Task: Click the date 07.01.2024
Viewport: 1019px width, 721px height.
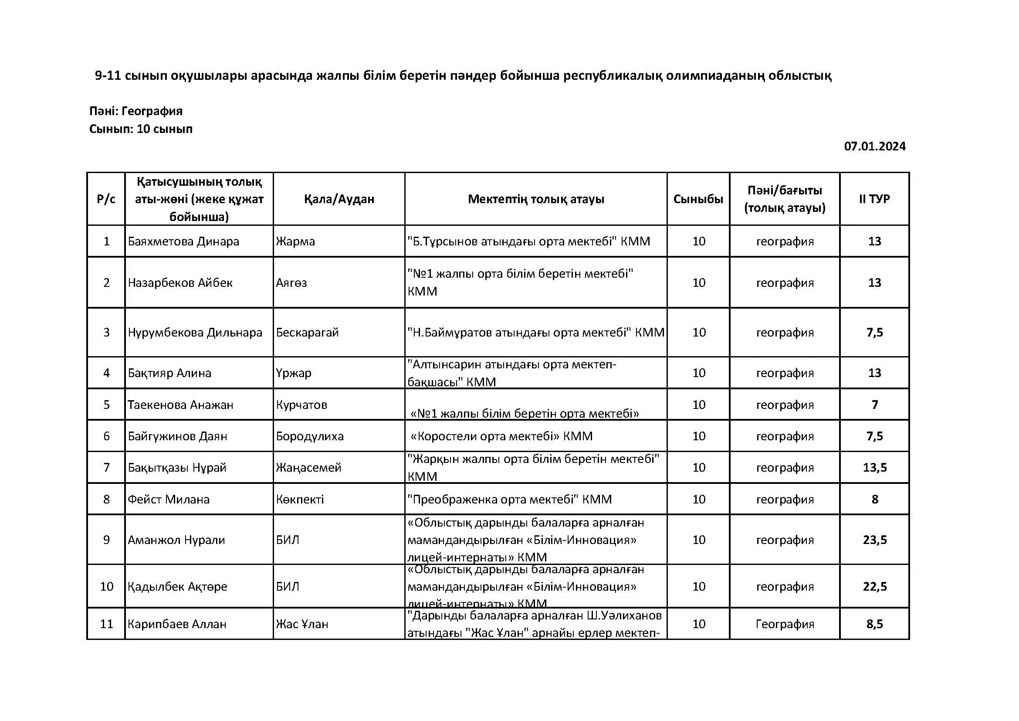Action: coord(874,146)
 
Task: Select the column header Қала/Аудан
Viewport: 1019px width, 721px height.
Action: coord(339,199)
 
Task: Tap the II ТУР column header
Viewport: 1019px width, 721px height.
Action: coord(874,199)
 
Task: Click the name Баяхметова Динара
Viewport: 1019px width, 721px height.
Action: coord(183,241)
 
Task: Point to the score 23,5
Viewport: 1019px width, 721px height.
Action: coord(875,540)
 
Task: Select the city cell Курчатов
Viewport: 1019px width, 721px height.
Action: coord(301,405)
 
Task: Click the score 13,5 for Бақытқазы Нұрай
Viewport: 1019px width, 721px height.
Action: coord(875,467)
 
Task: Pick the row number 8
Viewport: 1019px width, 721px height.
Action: coord(106,500)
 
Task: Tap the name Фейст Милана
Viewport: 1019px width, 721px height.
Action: coord(169,500)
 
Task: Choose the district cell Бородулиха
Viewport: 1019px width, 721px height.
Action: coord(309,436)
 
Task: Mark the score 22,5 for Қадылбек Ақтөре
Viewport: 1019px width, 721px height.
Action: coord(875,587)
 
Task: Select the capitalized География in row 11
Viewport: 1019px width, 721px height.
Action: coord(785,624)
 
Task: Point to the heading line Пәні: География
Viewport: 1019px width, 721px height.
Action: coord(136,111)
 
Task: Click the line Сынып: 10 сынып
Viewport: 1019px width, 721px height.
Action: coord(141,129)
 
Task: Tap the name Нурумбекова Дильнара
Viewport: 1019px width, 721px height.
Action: coord(195,333)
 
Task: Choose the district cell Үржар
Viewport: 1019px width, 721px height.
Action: coord(293,373)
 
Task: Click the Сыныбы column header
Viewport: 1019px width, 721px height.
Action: coord(698,199)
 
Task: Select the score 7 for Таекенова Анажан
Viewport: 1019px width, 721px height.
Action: coord(875,405)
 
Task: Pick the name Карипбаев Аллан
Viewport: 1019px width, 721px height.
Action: coord(176,624)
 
